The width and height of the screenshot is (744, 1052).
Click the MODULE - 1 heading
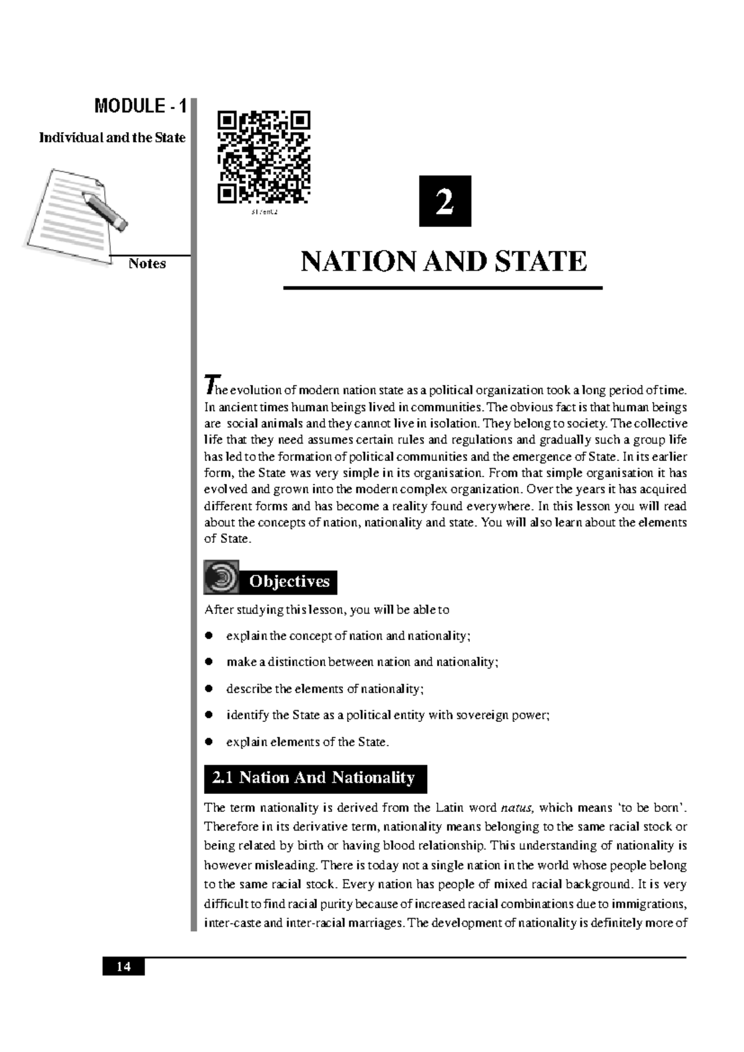click(x=139, y=106)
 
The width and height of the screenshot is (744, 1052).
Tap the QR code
click(x=263, y=158)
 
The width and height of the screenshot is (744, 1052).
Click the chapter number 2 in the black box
click(x=445, y=202)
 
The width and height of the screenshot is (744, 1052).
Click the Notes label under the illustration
click(x=147, y=264)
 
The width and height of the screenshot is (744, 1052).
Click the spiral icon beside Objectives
click(x=221, y=577)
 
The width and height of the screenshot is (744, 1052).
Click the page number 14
click(x=123, y=966)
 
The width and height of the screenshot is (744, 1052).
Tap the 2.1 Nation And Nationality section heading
click(x=315, y=778)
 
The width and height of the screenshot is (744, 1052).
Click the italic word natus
click(x=517, y=808)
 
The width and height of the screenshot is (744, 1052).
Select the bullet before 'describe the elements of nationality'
click(x=210, y=689)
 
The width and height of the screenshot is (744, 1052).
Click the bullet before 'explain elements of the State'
click(x=210, y=741)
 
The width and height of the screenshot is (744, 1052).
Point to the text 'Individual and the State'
click(x=112, y=138)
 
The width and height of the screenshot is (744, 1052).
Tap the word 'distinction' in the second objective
click(x=297, y=662)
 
